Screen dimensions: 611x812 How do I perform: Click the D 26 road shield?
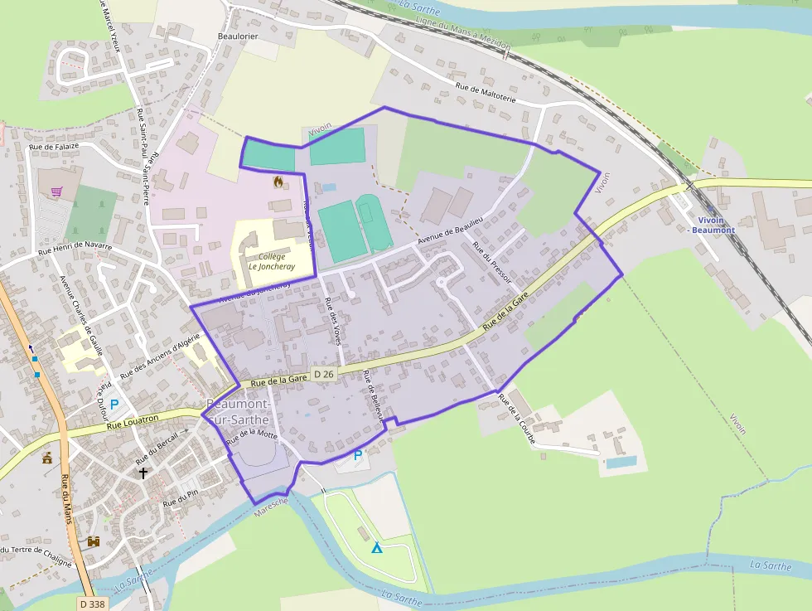[323, 376]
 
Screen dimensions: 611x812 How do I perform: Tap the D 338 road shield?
[94, 604]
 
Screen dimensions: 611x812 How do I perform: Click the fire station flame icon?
[278, 181]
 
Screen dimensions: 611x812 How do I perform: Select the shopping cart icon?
[57, 192]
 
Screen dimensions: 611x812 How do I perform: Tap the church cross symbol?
[143, 473]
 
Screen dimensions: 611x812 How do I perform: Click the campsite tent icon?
[377, 548]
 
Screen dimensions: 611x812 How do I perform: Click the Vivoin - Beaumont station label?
[711, 225]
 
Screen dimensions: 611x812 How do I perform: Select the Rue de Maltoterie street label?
[486, 93]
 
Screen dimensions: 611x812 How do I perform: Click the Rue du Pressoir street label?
[491, 262]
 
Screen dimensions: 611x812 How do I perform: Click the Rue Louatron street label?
[133, 420]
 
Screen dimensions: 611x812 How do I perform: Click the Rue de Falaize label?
[54, 147]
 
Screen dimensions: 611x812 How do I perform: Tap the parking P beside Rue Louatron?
[114, 405]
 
